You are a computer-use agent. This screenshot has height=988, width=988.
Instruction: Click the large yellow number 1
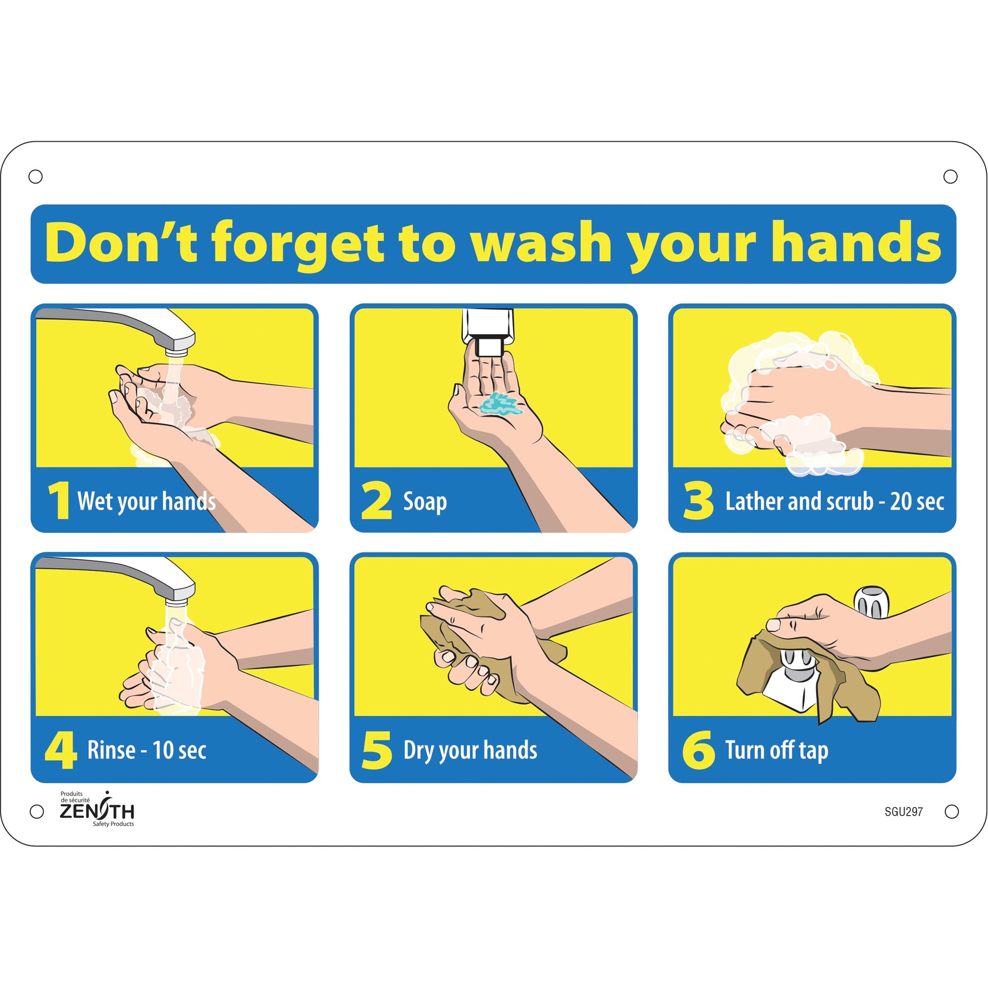(59, 501)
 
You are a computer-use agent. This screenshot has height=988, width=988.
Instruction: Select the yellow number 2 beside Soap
(376, 501)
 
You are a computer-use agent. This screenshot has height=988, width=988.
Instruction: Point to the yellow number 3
(698, 501)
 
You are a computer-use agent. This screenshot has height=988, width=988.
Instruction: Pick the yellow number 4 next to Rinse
(61, 750)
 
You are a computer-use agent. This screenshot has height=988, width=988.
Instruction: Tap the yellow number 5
(377, 750)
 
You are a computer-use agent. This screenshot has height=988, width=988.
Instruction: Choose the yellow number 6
(698, 750)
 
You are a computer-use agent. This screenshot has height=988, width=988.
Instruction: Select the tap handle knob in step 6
(872, 602)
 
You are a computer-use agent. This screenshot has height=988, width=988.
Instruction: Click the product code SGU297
(904, 812)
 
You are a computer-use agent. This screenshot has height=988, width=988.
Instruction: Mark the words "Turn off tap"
(776, 750)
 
